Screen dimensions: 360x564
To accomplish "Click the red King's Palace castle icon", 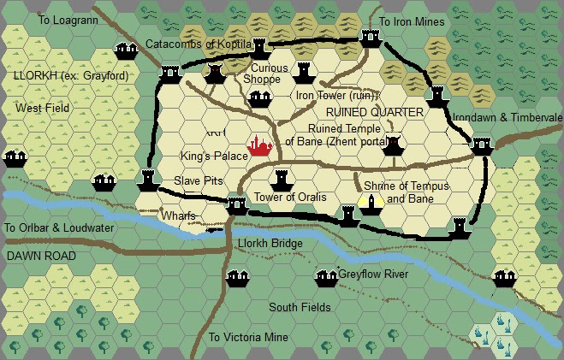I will click(x=259, y=147).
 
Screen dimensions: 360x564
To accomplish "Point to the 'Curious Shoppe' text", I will click(x=259, y=73).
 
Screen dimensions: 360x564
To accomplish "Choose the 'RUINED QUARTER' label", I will click(x=381, y=112).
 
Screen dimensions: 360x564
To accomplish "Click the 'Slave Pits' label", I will click(x=199, y=180).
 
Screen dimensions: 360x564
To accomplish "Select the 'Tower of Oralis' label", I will click(x=291, y=198).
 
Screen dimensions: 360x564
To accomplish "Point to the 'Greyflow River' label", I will click(x=373, y=274).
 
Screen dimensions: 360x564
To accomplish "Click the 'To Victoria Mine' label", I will click(x=248, y=337).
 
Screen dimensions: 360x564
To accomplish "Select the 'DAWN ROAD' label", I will click(x=40, y=256).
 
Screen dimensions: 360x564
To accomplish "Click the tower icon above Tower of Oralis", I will click(x=280, y=180).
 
